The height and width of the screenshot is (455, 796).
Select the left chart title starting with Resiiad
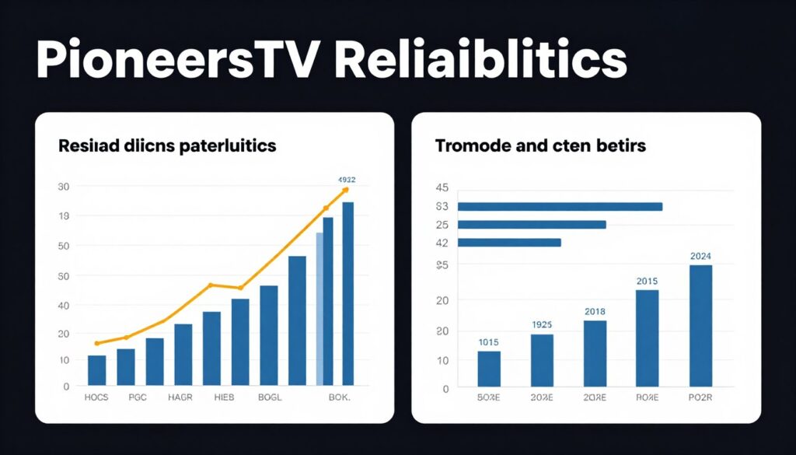coord(166,145)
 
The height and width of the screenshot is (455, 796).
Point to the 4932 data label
coord(344,178)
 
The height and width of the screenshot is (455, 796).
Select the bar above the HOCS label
coord(96,369)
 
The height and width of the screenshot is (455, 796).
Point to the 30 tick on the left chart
coord(64,187)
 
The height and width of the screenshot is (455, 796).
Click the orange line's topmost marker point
coord(345,190)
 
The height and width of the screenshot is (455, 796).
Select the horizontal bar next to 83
coord(560,207)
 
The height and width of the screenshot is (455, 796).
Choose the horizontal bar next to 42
coord(509,243)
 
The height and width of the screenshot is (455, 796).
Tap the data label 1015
coord(488,342)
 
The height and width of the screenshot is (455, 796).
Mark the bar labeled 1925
coord(542,359)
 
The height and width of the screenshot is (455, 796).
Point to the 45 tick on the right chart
coord(442,187)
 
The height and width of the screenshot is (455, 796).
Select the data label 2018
coord(595,311)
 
